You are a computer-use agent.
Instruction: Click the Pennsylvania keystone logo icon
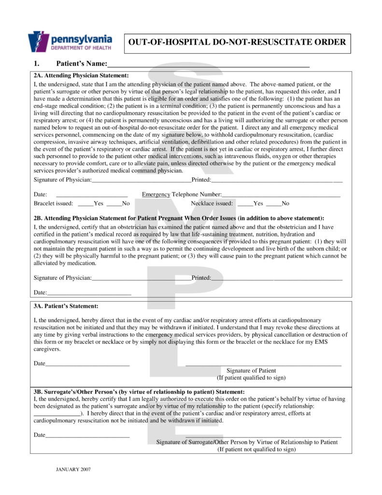[39, 42]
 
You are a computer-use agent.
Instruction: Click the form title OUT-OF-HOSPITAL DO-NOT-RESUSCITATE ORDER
[237, 42]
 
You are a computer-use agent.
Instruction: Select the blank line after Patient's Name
[208, 64]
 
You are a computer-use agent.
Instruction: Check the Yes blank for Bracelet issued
[85, 204]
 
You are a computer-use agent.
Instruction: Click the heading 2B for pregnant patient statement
[179, 218]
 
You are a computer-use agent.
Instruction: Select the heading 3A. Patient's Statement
[66, 306]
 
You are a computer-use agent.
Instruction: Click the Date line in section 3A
[87, 364]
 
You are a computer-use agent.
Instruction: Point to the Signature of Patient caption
[251, 371]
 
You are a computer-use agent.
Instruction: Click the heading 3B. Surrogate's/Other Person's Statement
[139, 392]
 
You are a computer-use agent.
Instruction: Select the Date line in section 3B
[87, 435]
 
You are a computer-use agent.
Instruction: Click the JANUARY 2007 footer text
[73, 469]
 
